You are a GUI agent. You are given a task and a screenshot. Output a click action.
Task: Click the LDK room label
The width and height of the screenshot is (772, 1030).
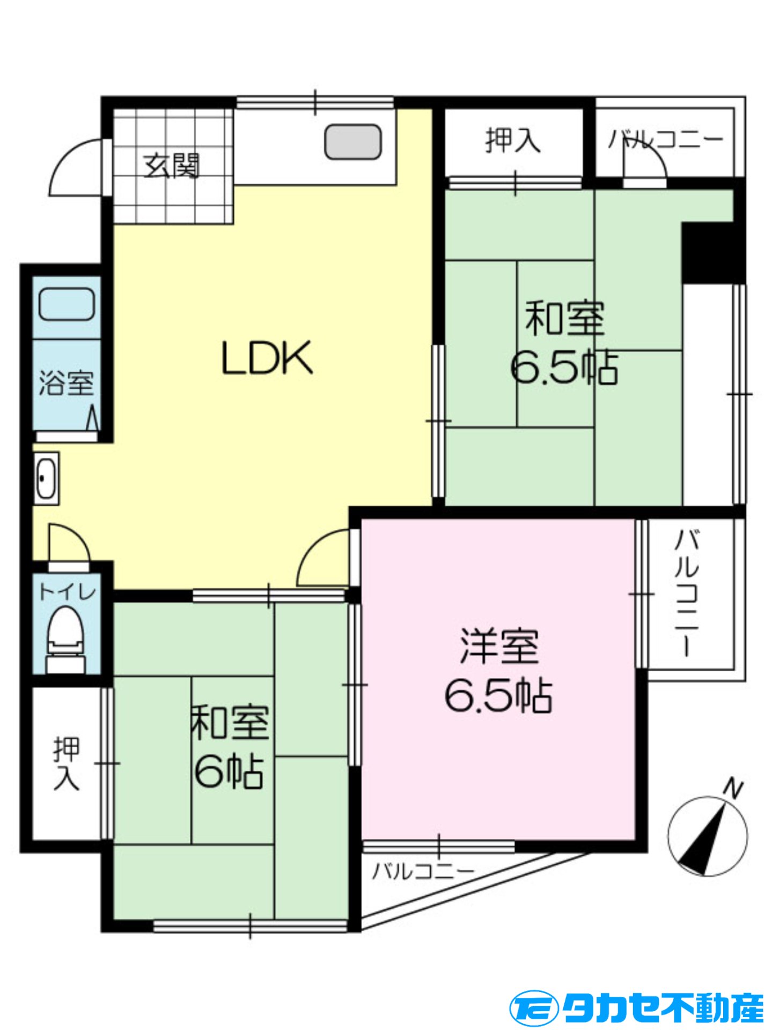[x=267, y=358]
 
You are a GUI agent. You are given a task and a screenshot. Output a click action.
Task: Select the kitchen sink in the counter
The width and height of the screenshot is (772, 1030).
[x=353, y=142]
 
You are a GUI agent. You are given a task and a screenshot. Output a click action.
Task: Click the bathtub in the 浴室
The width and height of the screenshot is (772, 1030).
[x=67, y=304]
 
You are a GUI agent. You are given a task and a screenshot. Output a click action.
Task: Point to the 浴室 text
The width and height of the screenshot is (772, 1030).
[x=66, y=383]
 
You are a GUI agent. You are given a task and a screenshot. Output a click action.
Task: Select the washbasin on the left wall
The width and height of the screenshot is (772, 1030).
[x=45, y=478]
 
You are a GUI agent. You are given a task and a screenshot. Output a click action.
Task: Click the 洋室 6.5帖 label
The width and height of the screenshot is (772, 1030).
[x=499, y=671]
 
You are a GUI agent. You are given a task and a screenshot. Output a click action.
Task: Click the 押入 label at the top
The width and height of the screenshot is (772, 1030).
[x=513, y=141]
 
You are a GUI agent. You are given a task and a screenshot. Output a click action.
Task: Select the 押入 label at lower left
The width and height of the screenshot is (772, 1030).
[x=67, y=764]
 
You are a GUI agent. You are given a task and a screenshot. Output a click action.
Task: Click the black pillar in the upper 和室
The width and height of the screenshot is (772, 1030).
[x=713, y=252]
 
